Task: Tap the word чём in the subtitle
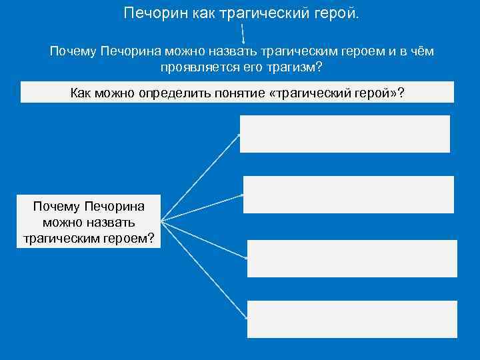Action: (420, 51)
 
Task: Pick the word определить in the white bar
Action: (170, 93)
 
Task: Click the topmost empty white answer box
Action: (345, 134)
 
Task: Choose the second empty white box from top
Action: (348, 195)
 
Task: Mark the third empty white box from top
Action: (352, 258)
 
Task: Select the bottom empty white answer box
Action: (352, 319)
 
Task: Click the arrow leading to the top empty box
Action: (200, 177)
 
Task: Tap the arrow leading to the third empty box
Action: (203, 238)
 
